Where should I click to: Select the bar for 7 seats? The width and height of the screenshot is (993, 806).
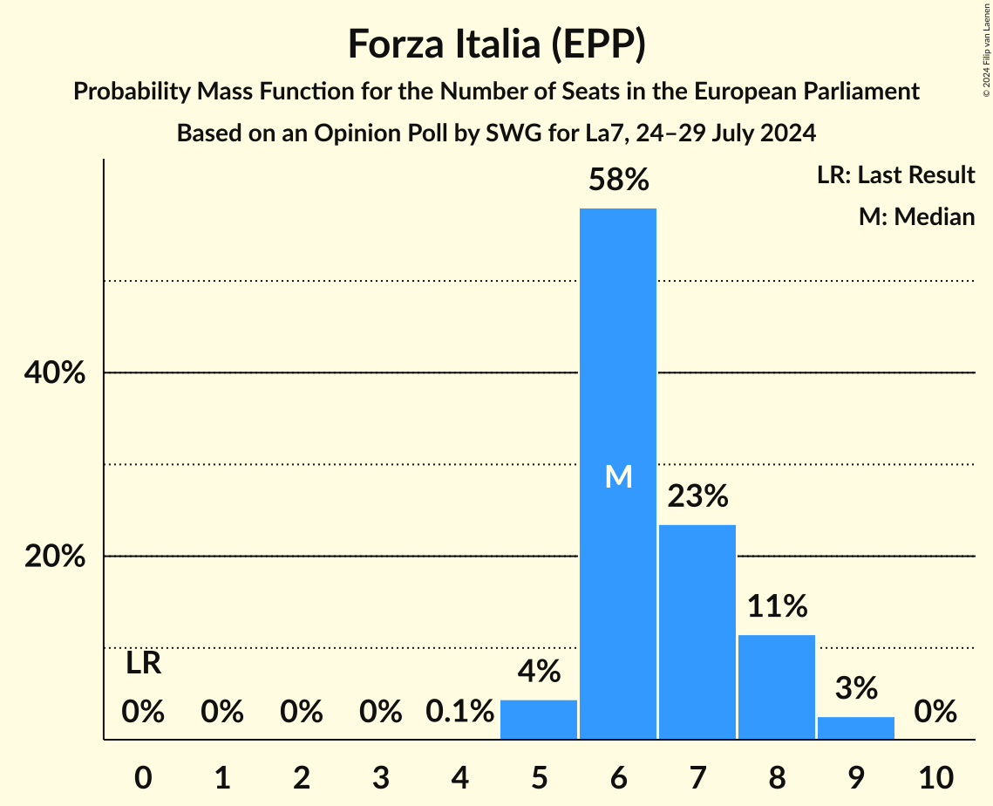point(697,632)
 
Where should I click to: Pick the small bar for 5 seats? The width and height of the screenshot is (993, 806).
point(539,720)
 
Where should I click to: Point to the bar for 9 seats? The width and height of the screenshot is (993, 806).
point(855,728)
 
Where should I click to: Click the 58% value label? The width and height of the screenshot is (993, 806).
point(618,181)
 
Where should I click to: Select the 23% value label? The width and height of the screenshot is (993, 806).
point(697,497)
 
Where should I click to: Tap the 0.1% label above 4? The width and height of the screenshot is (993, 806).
point(459,713)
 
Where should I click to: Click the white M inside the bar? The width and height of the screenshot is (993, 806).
point(618,476)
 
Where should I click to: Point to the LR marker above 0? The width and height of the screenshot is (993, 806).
point(143,664)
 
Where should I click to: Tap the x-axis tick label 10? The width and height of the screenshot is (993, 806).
point(935,776)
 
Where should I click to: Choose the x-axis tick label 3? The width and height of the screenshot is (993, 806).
point(381,776)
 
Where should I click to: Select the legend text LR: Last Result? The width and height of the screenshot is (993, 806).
point(895,175)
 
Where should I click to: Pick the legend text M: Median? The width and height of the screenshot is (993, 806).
point(916,216)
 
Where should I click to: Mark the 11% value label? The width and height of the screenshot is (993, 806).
point(776,606)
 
